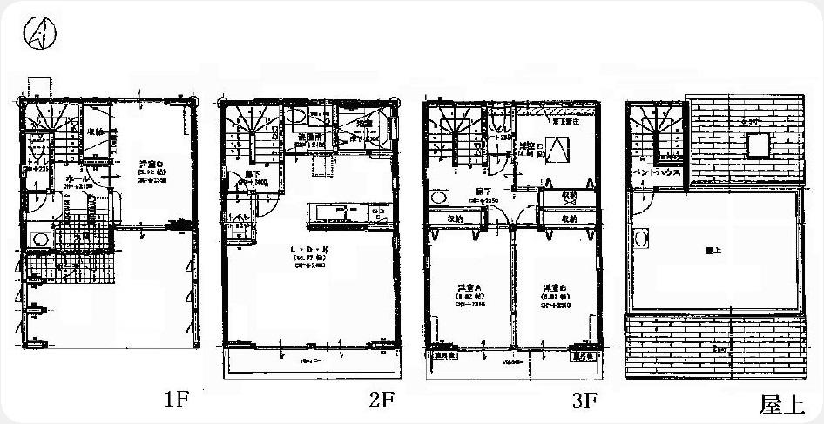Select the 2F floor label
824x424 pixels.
point(381,400)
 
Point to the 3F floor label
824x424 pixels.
point(584,400)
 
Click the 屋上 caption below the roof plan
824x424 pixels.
point(780,404)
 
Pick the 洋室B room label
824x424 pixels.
point(555,287)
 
